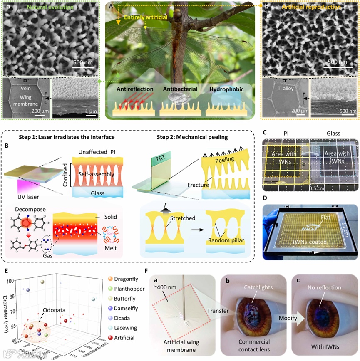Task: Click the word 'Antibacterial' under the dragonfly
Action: [x=180, y=89]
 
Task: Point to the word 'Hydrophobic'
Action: [x=226, y=89]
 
